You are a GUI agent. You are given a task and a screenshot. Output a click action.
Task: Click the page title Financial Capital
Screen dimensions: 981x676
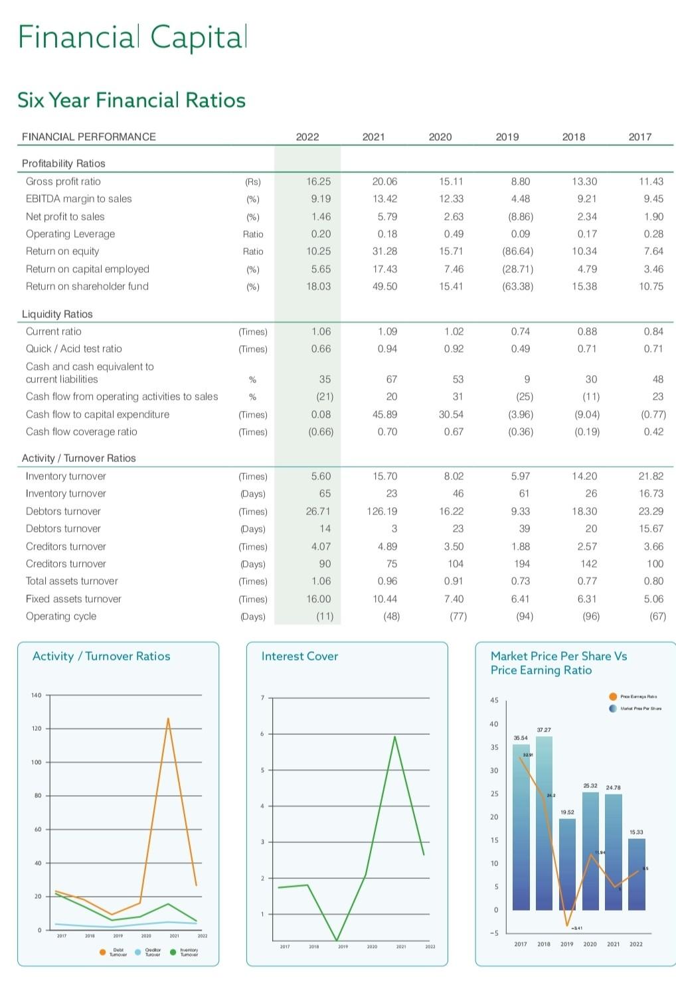click(132, 37)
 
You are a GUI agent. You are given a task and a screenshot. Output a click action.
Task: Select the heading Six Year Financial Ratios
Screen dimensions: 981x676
click(131, 100)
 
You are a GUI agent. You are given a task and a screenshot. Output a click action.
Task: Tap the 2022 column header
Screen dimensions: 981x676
click(307, 137)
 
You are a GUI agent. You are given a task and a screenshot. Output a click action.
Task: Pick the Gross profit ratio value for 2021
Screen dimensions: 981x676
click(384, 181)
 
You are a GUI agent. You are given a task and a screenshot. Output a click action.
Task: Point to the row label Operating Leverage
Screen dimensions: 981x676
click(70, 234)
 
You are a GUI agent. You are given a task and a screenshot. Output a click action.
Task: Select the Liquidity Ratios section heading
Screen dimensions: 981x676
click(57, 314)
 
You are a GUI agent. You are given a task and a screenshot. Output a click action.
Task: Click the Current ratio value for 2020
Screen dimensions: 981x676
click(454, 331)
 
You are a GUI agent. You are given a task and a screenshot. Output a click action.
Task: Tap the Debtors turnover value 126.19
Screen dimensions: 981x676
click(381, 511)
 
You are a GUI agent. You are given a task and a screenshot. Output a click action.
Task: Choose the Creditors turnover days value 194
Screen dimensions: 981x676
click(522, 564)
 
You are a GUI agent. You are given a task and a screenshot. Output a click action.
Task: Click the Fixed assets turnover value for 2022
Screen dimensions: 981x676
click(319, 599)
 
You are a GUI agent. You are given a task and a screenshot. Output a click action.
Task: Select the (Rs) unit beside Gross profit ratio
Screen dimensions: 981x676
click(253, 182)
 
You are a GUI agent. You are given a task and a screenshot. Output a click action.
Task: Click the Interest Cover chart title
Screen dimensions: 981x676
click(299, 656)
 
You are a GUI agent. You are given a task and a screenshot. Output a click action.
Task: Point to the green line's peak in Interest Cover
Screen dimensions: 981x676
click(395, 736)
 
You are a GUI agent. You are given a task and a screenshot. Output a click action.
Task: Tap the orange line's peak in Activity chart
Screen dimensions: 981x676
click(169, 718)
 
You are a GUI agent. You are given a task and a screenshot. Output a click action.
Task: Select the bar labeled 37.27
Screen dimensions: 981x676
click(544, 823)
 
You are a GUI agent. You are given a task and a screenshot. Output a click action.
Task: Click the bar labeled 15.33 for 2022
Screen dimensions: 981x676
click(636, 874)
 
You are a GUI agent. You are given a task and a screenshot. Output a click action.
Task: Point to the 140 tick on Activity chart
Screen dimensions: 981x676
click(36, 696)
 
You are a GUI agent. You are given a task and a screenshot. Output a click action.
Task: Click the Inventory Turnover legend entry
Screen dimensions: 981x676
click(189, 952)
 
